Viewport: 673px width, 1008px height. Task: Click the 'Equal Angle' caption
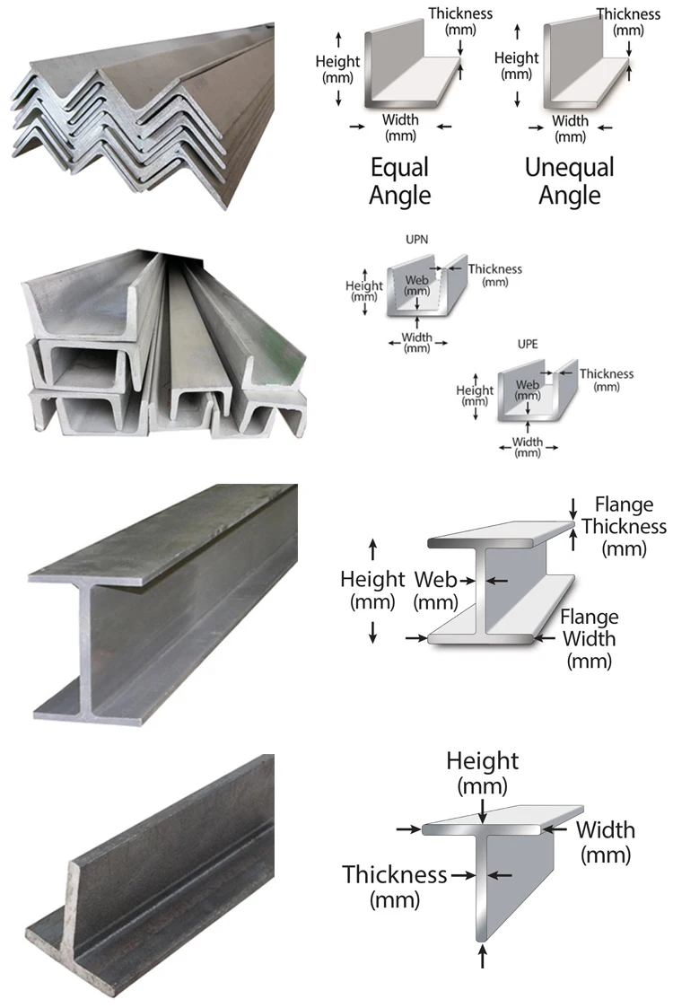coord(400,181)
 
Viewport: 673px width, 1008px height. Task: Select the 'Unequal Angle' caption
coord(569,181)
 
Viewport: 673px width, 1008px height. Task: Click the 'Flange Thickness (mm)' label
coord(624,527)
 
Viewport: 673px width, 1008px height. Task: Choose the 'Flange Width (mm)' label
coord(590,639)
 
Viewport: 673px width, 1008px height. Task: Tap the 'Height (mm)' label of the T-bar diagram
coord(483,773)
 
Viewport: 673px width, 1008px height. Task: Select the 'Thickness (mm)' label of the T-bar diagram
coord(394,885)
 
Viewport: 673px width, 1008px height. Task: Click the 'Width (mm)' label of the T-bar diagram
coord(605,841)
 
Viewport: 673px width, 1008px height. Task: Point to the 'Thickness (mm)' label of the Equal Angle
coord(460,22)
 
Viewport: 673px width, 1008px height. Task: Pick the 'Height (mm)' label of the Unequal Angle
coord(517,66)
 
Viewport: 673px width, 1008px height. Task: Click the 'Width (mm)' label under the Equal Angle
coord(400,128)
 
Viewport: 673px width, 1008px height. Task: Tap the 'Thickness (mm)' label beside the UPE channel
coord(607,380)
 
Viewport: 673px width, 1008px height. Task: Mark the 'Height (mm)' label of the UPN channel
coord(364,291)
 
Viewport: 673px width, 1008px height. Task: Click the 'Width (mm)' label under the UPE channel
coord(528,447)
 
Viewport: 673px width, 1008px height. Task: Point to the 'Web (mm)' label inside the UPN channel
coord(416,285)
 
